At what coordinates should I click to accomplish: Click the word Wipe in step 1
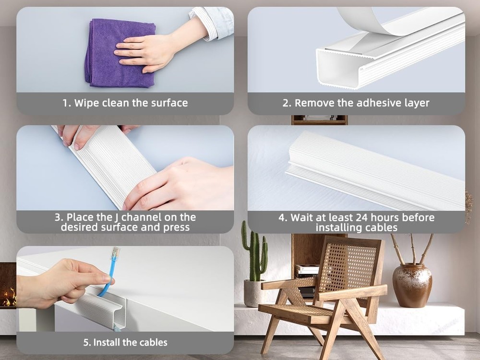point(86,103)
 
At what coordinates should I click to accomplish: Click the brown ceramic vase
point(412,285)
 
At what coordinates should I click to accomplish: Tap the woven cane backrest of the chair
point(348,266)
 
